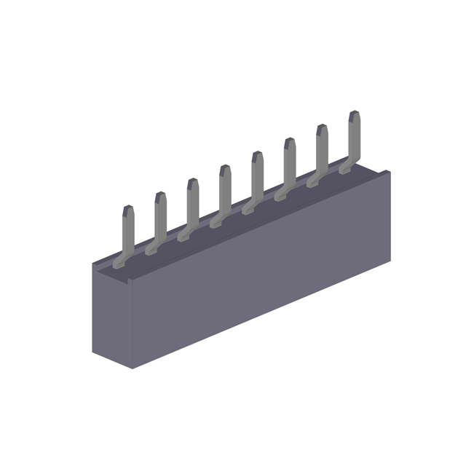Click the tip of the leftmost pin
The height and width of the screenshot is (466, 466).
coord(128,208)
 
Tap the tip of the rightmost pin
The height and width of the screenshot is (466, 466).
coord(355,114)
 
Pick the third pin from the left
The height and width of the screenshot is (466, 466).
coord(192,204)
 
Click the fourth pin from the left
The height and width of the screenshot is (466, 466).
coord(225,191)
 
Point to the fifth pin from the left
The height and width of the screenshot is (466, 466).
coord(257,177)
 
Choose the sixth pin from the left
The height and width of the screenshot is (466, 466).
coord(289,164)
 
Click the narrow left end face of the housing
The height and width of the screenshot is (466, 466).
coord(112,313)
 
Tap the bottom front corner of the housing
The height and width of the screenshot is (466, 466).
coord(133,368)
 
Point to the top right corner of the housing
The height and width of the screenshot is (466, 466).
coord(390,172)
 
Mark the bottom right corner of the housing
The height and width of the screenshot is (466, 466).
coord(390,261)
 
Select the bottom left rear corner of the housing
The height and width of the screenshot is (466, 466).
coord(93,352)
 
